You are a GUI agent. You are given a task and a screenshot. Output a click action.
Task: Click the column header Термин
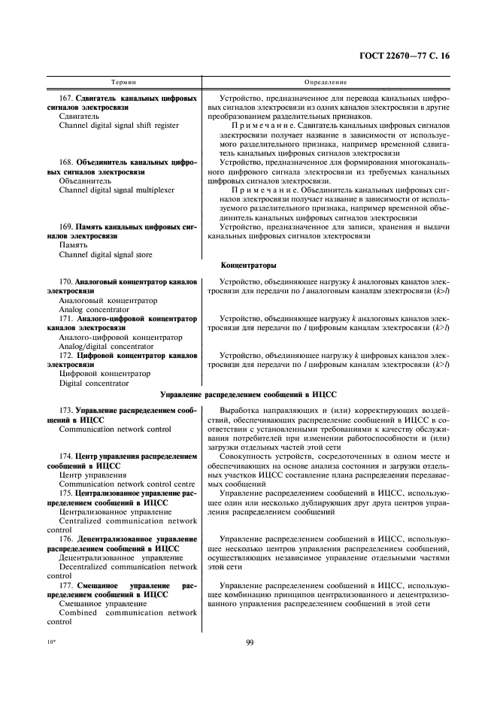pos(123,81)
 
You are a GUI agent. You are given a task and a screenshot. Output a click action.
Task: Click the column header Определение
pos(325,81)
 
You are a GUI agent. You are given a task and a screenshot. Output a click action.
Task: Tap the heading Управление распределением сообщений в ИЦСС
pos(248,393)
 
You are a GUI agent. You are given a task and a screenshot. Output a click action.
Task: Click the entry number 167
pos(65,99)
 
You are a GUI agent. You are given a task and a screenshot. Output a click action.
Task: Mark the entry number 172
pos(65,355)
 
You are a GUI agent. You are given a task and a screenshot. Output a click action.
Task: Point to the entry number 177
pos(65,584)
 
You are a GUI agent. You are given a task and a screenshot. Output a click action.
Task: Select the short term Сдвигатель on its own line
pos(78,117)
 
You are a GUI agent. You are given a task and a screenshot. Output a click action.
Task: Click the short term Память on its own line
pos(72,245)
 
